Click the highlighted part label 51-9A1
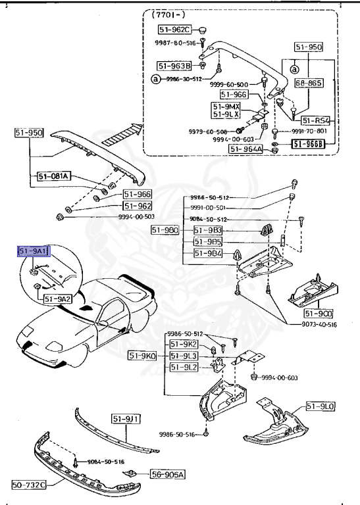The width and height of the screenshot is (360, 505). click(34, 251)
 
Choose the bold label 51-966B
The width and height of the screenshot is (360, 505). click(309, 144)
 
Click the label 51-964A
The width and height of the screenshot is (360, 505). click(246, 149)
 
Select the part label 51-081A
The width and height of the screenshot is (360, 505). click(54, 176)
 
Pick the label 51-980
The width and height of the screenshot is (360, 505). click(165, 229)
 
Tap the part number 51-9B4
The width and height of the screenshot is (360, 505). click(207, 253)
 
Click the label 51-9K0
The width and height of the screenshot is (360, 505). click(143, 356)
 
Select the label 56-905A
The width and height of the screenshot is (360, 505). click(167, 474)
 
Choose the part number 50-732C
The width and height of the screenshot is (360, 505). click(29, 485)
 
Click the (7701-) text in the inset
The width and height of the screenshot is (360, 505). click(168, 12)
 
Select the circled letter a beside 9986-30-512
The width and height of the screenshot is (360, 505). click(155, 79)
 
